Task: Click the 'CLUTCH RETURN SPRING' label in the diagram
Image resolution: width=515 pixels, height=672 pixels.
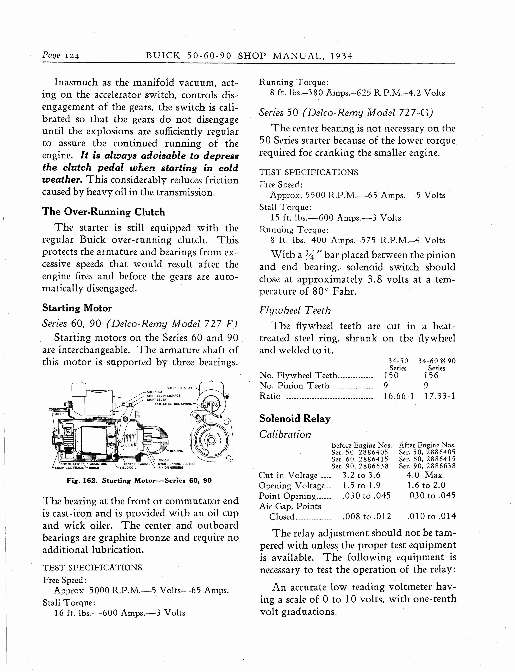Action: pyautogui.click(x=174, y=404)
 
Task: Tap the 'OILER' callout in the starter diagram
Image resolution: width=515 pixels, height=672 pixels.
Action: pyautogui.click(x=59, y=414)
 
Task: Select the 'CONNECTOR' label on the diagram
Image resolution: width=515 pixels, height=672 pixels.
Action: pyautogui.click(x=58, y=409)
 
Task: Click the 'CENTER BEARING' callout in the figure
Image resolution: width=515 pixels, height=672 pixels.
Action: pyautogui.click(x=137, y=464)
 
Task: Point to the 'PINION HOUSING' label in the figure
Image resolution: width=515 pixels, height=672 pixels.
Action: pyautogui.click(x=171, y=468)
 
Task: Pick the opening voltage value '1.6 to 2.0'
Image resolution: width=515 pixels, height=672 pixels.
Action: pyautogui.click(x=426, y=485)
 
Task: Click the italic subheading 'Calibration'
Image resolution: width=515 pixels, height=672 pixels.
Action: pyautogui.click(x=285, y=434)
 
